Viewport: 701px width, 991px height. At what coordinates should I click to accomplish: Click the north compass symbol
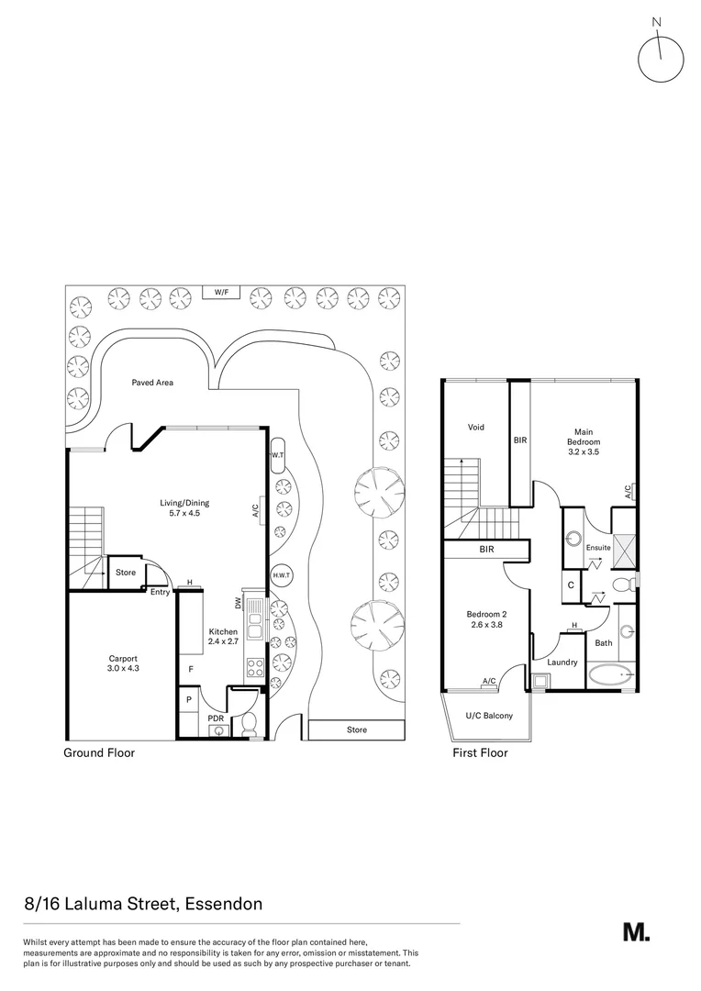click(660, 57)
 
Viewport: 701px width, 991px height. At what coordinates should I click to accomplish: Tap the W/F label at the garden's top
click(221, 292)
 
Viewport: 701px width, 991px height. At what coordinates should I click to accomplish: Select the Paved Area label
click(151, 383)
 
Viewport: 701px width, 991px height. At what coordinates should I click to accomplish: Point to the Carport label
click(122, 663)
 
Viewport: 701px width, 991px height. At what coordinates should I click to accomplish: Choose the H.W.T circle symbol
click(281, 575)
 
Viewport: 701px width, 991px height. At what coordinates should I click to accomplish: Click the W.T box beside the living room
click(277, 455)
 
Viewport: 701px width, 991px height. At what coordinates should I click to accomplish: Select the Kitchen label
click(223, 637)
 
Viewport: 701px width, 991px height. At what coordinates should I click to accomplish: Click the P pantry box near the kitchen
click(189, 699)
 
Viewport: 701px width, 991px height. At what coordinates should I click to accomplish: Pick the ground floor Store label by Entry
click(126, 573)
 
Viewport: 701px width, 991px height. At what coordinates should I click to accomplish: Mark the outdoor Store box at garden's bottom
click(356, 729)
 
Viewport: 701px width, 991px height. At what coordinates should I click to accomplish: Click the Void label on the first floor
click(475, 427)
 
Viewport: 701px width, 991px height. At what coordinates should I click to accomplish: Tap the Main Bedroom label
click(583, 441)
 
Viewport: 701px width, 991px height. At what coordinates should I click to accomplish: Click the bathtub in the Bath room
click(609, 678)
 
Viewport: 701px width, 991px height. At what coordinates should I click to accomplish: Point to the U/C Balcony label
click(489, 716)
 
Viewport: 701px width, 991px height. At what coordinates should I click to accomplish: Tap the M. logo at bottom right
click(636, 931)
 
